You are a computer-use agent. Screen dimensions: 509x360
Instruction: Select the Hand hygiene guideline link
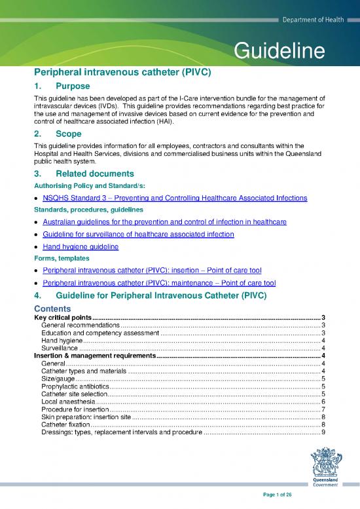tap(81, 247)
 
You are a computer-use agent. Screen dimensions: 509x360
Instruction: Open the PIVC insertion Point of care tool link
tap(154, 271)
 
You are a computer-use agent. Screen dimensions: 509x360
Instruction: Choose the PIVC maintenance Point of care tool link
tap(158, 283)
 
